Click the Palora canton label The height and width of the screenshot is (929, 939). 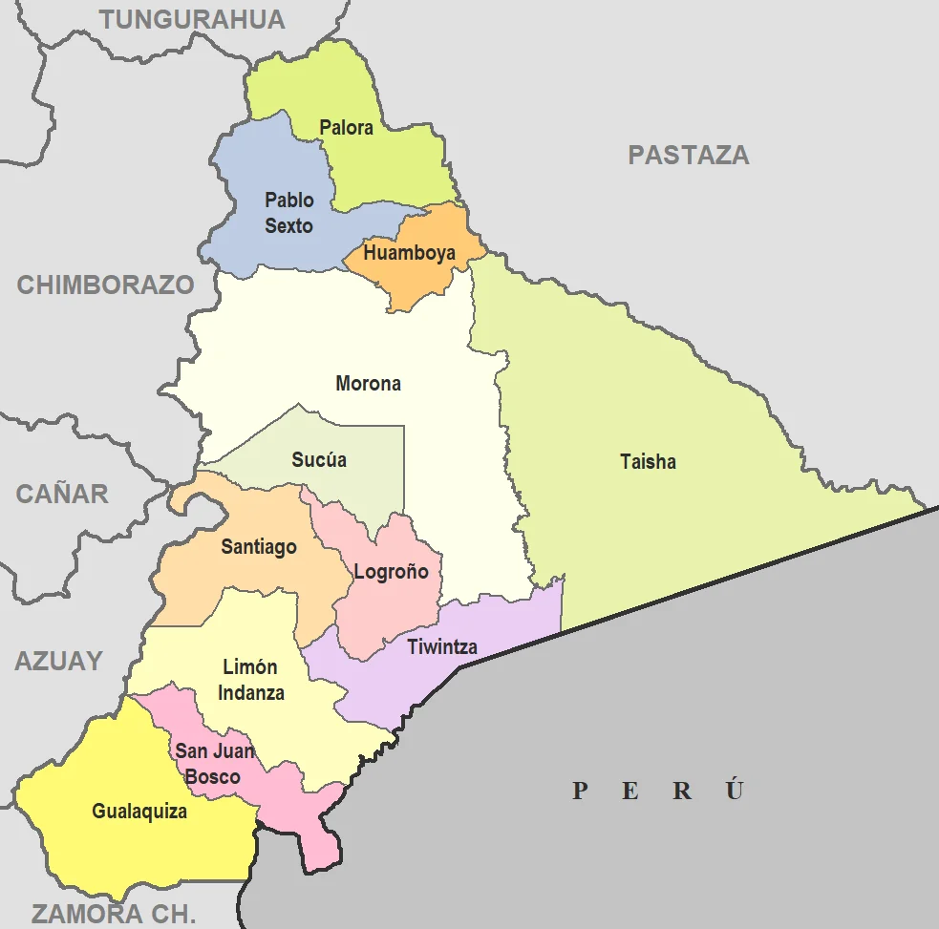[346, 127]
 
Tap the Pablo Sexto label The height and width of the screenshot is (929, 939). [288, 213]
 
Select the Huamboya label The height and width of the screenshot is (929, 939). [409, 253]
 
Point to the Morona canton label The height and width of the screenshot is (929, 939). [368, 384]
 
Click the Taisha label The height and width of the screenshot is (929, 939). [648, 462]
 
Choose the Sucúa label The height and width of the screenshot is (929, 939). [319, 459]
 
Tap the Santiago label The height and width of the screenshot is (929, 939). [259, 547]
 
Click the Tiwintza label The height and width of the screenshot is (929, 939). [441, 646]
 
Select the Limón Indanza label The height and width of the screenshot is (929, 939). [250, 680]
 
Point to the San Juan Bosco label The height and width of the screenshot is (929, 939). [214, 763]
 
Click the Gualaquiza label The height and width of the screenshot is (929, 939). [139, 812]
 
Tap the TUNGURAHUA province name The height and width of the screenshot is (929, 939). [192, 19]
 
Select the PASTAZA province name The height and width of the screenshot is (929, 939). [688, 155]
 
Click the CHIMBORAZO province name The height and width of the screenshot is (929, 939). [105, 285]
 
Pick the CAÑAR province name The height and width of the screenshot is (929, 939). [62, 494]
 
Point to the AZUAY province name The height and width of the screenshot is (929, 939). [58, 661]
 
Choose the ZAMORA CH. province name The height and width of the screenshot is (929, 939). [113, 913]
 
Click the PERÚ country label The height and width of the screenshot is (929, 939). [657, 791]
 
